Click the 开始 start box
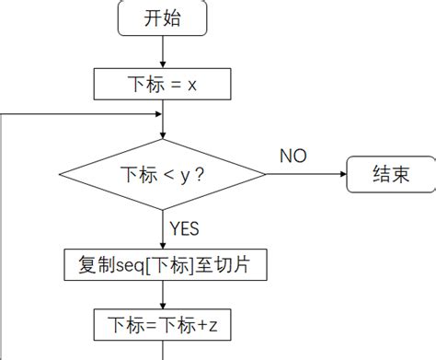click(164, 17)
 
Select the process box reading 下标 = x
click(163, 84)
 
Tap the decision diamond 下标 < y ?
click(163, 173)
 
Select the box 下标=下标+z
click(163, 324)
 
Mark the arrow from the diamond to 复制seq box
click(163, 230)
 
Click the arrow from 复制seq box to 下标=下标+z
click(163, 295)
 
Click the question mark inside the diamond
click(201, 173)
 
